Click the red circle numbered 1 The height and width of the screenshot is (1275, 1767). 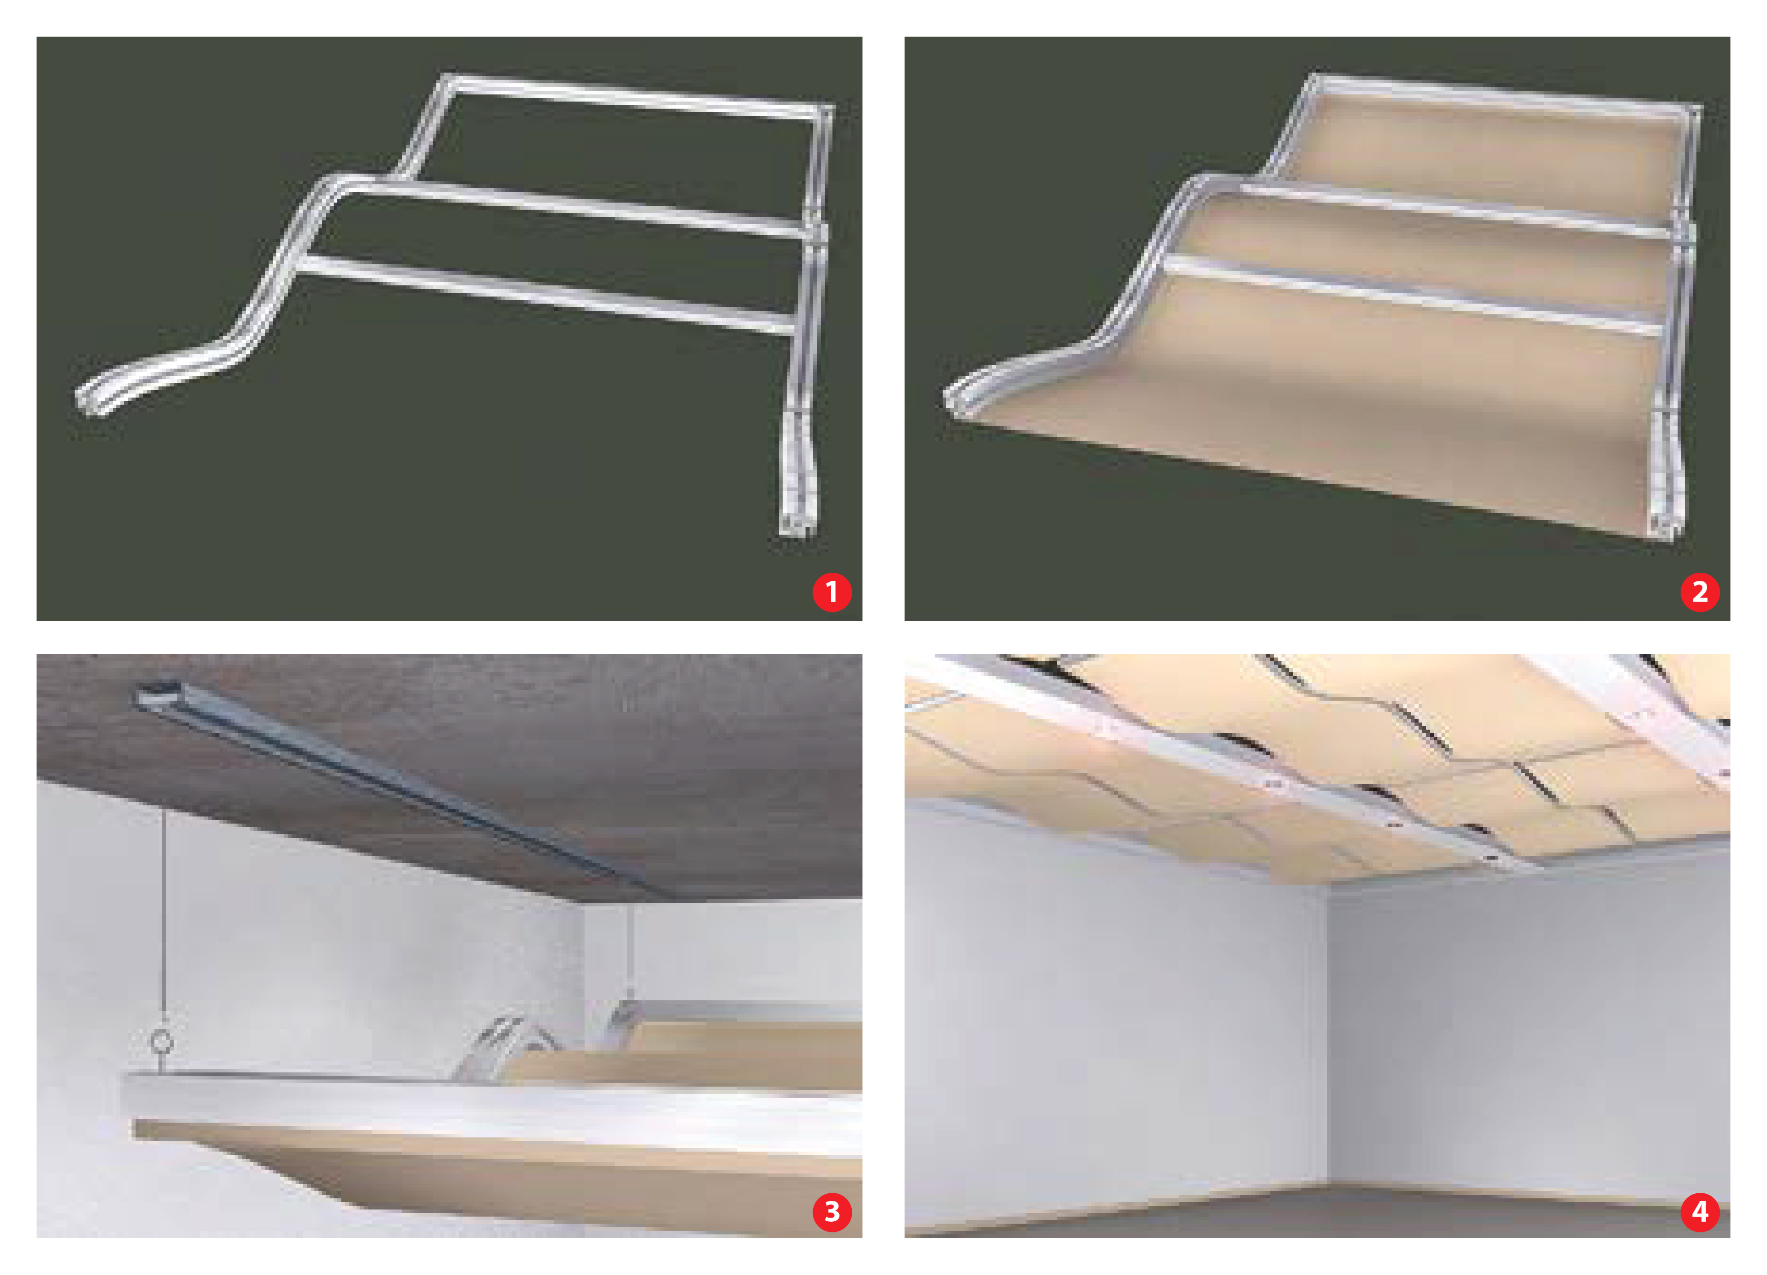[831, 592]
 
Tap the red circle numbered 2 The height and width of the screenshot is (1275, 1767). [1699, 592]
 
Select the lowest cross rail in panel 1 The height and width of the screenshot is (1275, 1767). [545, 295]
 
